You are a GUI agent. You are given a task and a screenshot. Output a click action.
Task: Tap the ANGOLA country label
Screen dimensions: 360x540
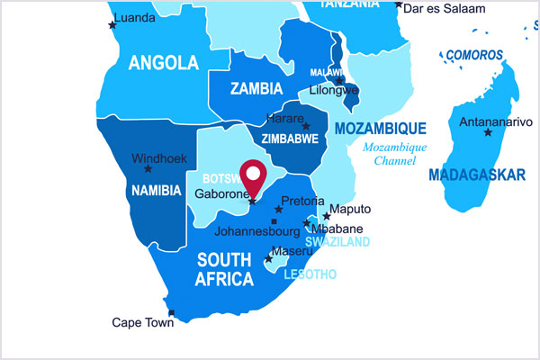(x=163, y=63)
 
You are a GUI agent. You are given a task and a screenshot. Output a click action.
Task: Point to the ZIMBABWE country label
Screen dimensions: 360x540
(x=289, y=139)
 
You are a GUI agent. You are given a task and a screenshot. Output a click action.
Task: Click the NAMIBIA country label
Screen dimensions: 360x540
(x=157, y=191)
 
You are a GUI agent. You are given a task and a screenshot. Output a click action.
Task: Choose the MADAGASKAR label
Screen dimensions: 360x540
(x=477, y=175)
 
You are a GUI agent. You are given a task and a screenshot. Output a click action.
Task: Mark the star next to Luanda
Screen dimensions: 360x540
(x=112, y=25)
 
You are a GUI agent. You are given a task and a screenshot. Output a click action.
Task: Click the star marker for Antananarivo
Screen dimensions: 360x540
(x=488, y=132)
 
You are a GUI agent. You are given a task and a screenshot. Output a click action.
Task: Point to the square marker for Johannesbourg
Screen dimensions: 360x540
(x=274, y=220)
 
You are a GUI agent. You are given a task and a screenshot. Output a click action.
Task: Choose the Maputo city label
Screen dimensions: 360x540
(x=351, y=210)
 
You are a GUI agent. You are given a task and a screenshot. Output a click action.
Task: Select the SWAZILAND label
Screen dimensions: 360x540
(x=337, y=243)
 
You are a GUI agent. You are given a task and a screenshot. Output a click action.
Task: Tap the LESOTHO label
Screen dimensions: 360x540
(x=310, y=274)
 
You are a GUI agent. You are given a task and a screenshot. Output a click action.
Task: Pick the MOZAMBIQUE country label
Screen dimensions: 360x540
(x=380, y=129)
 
